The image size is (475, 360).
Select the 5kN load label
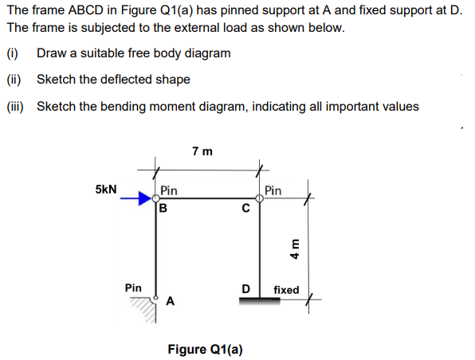pyautogui.click(x=107, y=190)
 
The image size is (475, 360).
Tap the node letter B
pyautogui.click(x=163, y=210)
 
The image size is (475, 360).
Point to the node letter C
pyautogui.click(x=246, y=210)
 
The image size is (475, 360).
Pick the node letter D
pyautogui.click(x=246, y=288)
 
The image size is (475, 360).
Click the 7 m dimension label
pyautogui.click(x=202, y=150)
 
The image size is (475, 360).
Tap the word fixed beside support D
pyautogui.click(x=285, y=290)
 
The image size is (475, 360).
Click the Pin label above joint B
pyautogui.click(x=168, y=190)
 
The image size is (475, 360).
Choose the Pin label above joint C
pyautogui.click(x=273, y=190)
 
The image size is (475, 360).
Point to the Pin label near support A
pyautogui.click(x=134, y=286)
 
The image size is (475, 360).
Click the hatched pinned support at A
pyautogui.click(x=144, y=307)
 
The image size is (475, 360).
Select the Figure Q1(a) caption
pyautogui.click(x=206, y=349)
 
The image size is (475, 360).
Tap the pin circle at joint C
pyautogui.click(x=260, y=200)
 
